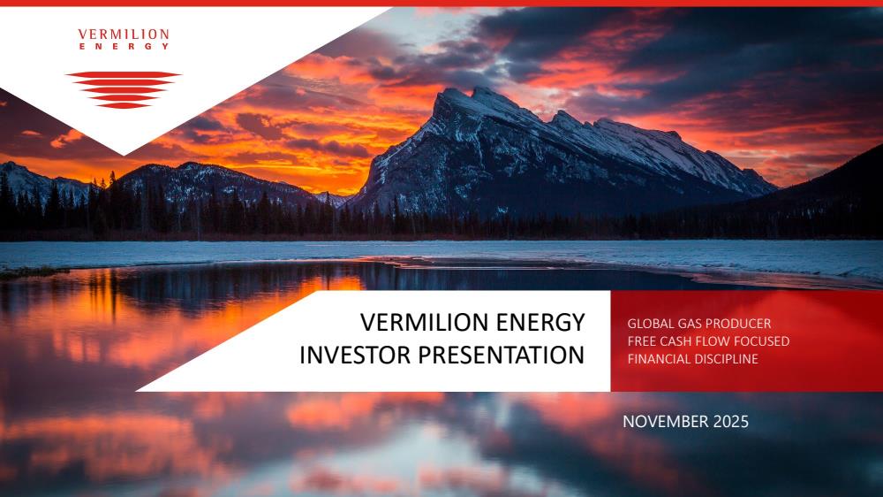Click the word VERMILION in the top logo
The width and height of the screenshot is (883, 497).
[124, 34]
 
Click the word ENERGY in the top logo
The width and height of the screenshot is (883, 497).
[124, 46]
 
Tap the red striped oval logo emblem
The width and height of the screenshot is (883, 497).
[124, 89]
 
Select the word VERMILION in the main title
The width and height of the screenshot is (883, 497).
[416, 322]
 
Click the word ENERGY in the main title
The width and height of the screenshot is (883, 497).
[532, 322]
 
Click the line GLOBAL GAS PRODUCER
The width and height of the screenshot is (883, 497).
[698, 324]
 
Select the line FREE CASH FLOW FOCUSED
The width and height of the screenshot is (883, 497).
[708, 340]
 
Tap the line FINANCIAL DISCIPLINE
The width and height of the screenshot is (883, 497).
[692, 358]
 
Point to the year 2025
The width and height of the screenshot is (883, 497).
[731, 422]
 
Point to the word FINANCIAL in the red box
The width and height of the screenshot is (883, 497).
[658, 358]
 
